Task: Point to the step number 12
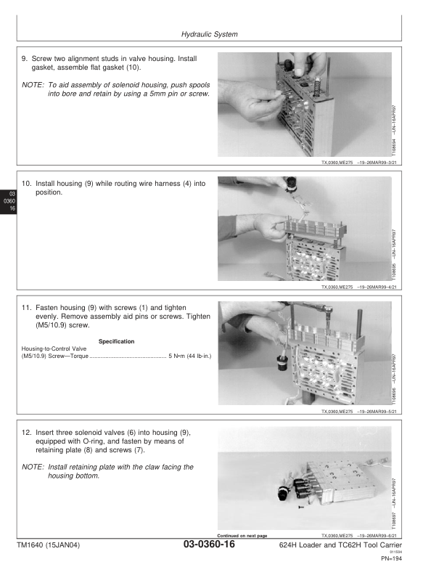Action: (26, 431)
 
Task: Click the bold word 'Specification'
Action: (113, 341)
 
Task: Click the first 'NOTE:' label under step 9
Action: (33, 85)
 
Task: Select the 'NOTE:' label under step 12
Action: (33, 467)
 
